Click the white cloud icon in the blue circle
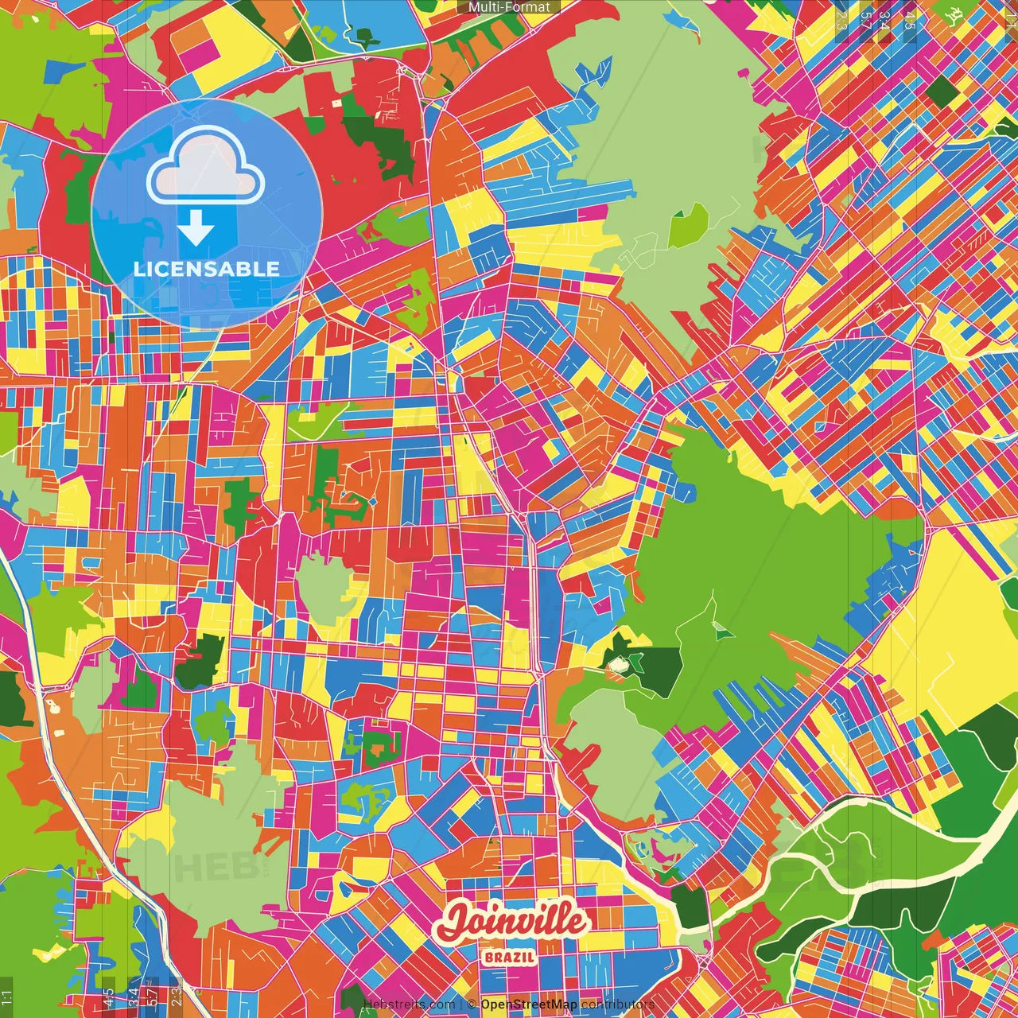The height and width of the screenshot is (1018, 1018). click(x=206, y=165)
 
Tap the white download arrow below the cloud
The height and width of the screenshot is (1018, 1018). click(x=196, y=229)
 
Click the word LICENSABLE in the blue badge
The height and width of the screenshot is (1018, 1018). click(x=206, y=269)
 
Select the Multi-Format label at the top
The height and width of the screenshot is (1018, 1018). click(x=509, y=7)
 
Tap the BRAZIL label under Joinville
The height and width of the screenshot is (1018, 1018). click(x=509, y=957)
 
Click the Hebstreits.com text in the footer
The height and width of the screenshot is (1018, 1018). click(x=409, y=1004)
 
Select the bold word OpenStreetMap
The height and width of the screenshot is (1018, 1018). click(x=529, y=1004)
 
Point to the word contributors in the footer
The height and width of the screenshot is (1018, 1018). click(x=617, y=1004)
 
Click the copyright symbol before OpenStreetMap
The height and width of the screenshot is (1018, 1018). click(x=472, y=1004)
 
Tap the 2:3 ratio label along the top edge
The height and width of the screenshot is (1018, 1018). click(x=841, y=21)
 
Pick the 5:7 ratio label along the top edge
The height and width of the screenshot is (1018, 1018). click(x=865, y=21)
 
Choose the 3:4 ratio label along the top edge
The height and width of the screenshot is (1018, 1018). click(x=884, y=21)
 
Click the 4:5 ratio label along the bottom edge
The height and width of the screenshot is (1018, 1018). click(x=108, y=997)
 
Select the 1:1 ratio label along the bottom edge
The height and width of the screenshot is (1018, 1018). click(x=7, y=997)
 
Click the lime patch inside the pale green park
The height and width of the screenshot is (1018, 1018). click(x=688, y=224)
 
